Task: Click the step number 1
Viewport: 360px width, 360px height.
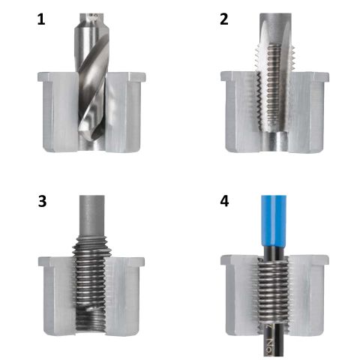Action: pyautogui.click(x=41, y=19)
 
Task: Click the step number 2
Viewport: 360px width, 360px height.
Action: pyautogui.click(x=224, y=19)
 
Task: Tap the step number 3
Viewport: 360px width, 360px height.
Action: pyautogui.click(x=42, y=201)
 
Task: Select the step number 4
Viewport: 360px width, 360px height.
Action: pyautogui.click(x=224, y=201)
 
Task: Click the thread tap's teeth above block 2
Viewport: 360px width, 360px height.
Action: pyautogui.click(x=275, y=58)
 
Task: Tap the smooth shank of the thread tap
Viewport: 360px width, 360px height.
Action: pyautogui.click(x=275, y=28)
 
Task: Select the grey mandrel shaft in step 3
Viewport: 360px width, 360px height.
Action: pyautogui.click(x=91, y=215)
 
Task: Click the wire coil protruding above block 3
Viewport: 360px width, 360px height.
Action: pyautogui.click(x=91, y=246)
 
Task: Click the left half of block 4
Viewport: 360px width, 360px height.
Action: pyautogui.click(x=241, y=295)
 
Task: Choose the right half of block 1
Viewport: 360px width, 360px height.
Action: pyautogui.click(x=124, y=112)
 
